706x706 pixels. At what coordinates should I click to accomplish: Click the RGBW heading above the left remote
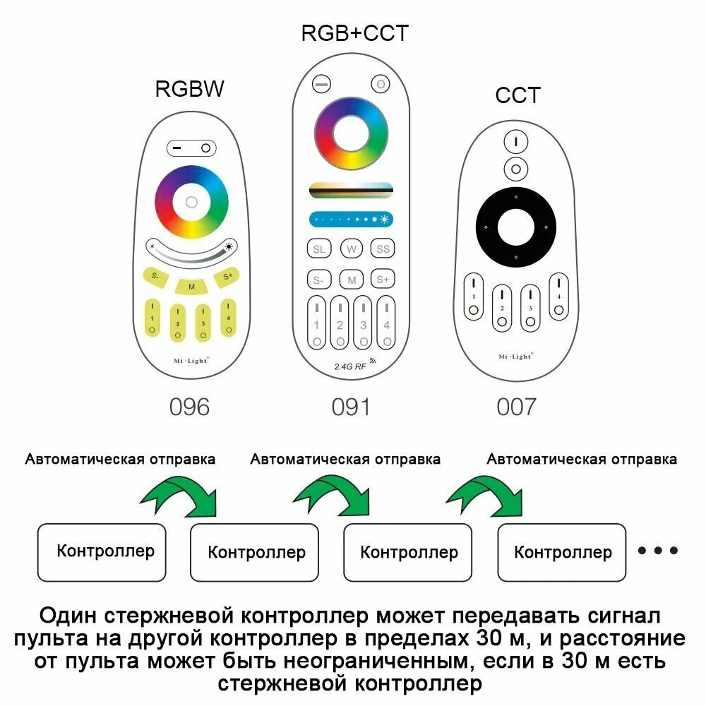pos(189,89)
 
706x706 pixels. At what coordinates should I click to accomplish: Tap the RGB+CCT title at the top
pos(355,33)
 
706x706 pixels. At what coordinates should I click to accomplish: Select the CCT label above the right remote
pos(517,95)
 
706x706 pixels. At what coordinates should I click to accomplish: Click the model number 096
pos(189,407)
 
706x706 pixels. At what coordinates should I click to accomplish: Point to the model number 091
pos(351,407)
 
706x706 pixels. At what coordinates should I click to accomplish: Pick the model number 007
pos(517,407)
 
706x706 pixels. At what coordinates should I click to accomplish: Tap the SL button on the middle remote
pos(319,249)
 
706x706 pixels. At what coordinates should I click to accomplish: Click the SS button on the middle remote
pos(383,249)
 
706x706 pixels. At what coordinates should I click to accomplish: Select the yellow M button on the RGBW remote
pos(191,287)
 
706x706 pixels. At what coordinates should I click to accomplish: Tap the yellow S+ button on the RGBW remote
pos(227,277)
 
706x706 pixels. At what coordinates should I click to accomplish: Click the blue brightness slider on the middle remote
pos(351,220)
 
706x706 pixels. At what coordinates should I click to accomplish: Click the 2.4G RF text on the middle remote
pos(350,366)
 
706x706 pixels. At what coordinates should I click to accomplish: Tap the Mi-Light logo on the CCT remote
pos(516,356)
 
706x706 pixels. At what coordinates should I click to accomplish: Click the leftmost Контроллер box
pos(102,553)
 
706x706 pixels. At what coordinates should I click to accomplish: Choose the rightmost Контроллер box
pos(562,553)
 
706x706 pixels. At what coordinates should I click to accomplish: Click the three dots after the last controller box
pos(658,550)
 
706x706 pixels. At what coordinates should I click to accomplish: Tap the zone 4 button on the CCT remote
pos(558,297)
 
